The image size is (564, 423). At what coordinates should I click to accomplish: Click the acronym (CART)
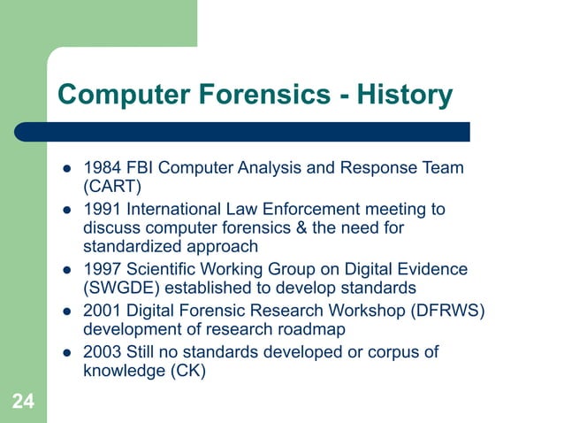[x=112, y=187]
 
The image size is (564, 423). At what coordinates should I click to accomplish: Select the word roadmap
[x=314, y=329]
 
